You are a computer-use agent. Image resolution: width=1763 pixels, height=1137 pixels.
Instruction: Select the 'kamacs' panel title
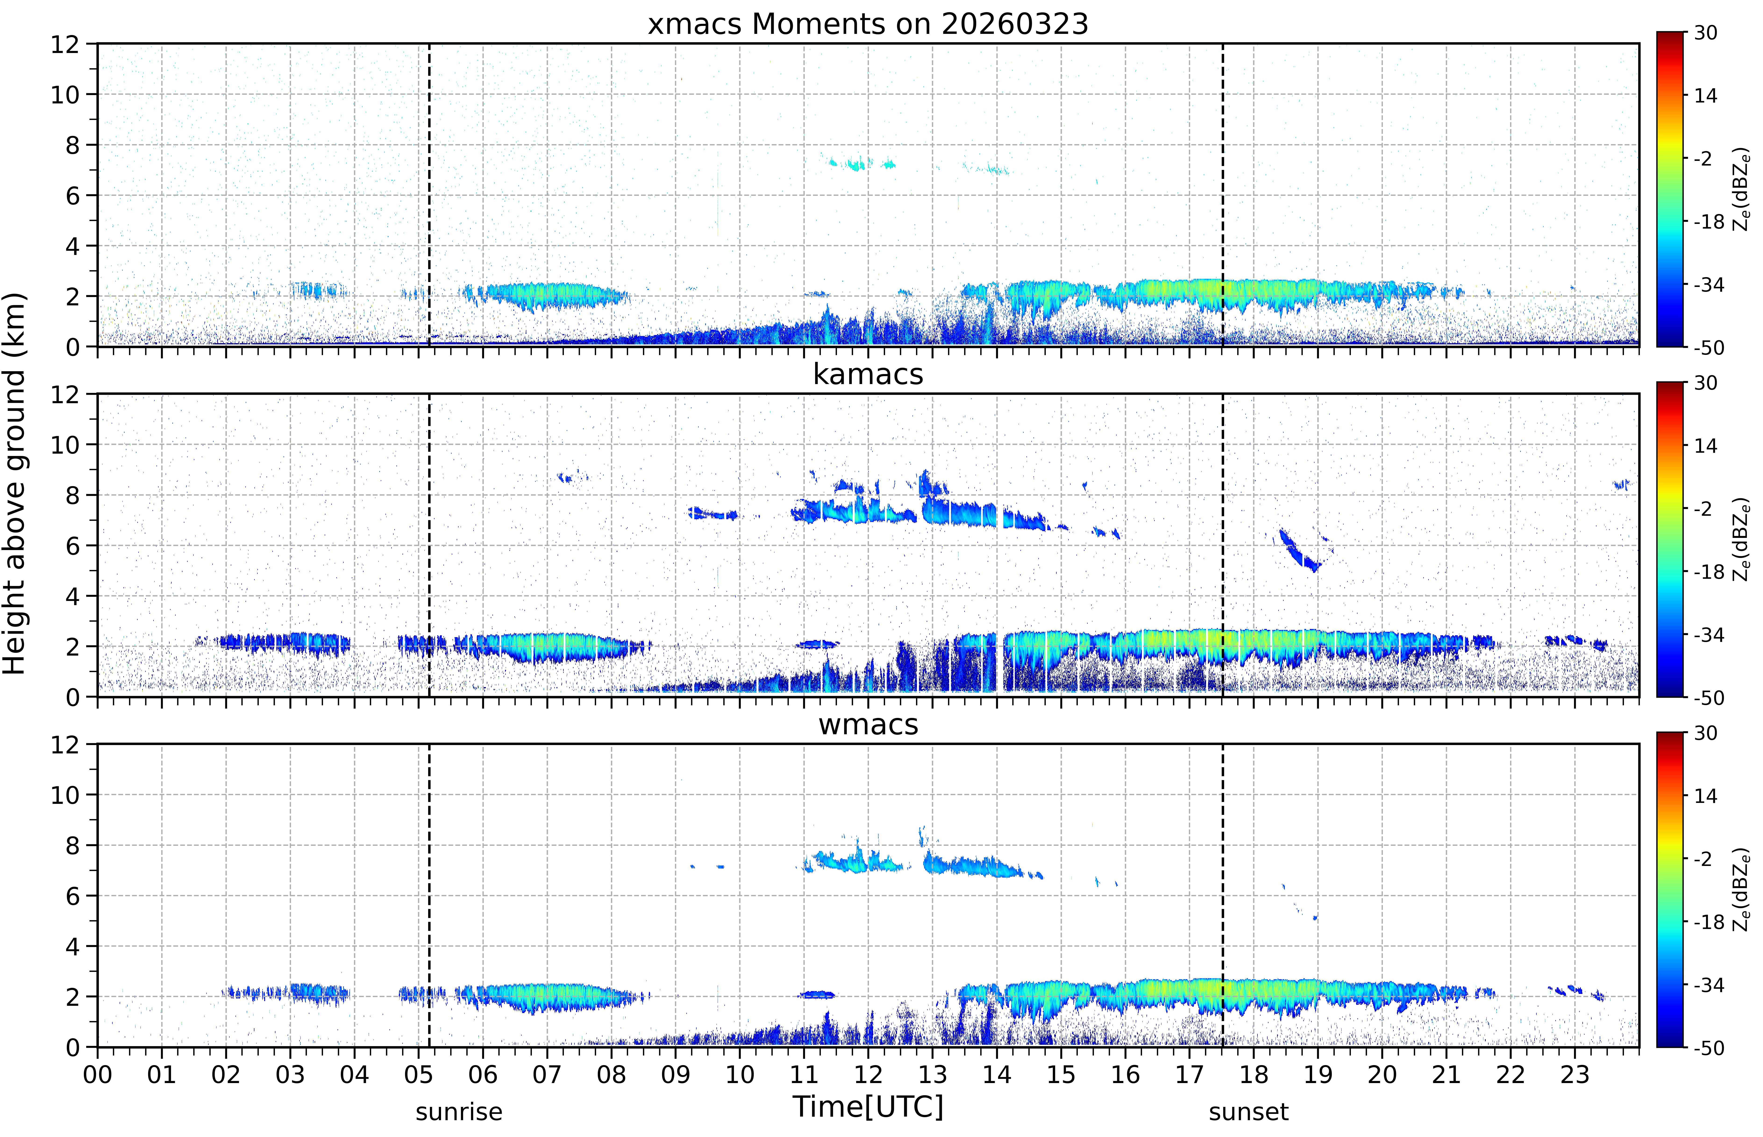[868, 374]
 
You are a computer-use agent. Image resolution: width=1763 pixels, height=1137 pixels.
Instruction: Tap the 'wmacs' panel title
[868, 724]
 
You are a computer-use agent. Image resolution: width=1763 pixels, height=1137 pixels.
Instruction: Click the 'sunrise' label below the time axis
[459, 1112]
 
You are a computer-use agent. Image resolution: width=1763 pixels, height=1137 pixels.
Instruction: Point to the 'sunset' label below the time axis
[1248, 1112]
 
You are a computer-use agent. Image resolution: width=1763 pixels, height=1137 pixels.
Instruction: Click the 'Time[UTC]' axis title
[868, 1107]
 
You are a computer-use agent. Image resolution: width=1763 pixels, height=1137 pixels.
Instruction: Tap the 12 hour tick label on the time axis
[868, 1074]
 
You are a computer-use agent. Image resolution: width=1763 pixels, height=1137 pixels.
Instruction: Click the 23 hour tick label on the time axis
[1575, 1074]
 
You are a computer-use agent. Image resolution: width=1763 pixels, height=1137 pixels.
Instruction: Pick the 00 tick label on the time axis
[97, 1074]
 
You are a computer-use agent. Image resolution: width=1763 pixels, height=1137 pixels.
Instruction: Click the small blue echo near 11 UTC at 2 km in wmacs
[817, 995]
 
